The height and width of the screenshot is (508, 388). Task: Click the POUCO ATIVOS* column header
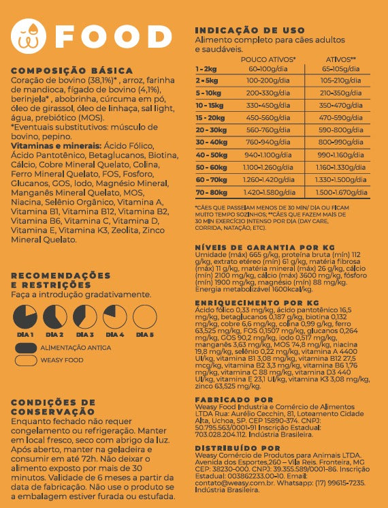268,59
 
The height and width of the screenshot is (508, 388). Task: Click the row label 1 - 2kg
206,69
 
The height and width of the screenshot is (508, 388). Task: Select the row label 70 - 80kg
211,192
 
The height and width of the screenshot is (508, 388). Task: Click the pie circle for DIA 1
25,316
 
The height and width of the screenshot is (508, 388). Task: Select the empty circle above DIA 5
144,316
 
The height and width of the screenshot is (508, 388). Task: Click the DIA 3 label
85,335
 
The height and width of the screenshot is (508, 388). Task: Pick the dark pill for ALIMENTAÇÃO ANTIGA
25,348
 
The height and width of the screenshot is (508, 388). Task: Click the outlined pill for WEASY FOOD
25,360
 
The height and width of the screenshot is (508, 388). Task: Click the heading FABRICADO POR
234,400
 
